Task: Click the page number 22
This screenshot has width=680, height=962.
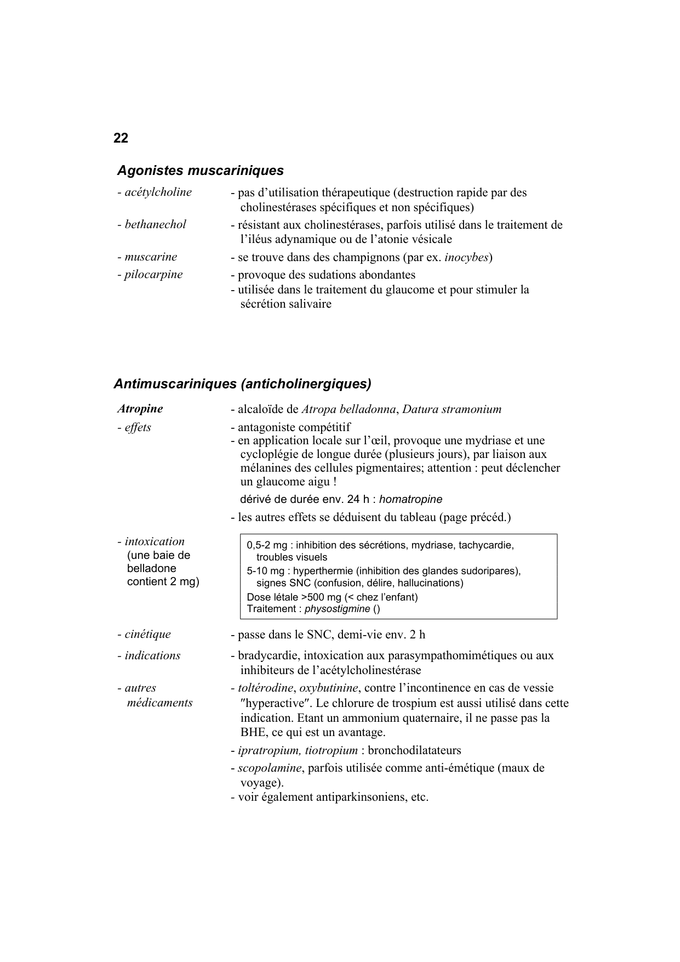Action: click(x=121, y=138)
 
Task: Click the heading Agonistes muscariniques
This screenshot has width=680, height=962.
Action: click(x=200, y=171)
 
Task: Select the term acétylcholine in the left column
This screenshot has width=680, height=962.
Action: click(x=158, y=192)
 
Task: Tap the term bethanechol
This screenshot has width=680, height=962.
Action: click(x=155, y=224)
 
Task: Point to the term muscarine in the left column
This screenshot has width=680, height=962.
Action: click(x=151, y=257)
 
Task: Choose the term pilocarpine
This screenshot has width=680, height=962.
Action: click(x=153, y=274)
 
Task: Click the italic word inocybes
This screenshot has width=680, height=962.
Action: click(x=466, y=257)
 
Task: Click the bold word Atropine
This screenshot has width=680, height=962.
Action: click(x=140, y=409)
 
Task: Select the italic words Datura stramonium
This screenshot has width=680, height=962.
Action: click(x=452, y=409)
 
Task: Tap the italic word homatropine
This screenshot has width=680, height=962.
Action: click(x=410, y=500)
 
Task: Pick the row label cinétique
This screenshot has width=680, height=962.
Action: click(x=147, y=634)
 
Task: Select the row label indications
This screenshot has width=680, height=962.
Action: click(x=152, y=655)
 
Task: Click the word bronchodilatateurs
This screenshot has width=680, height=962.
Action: click(x=414, y=750)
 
